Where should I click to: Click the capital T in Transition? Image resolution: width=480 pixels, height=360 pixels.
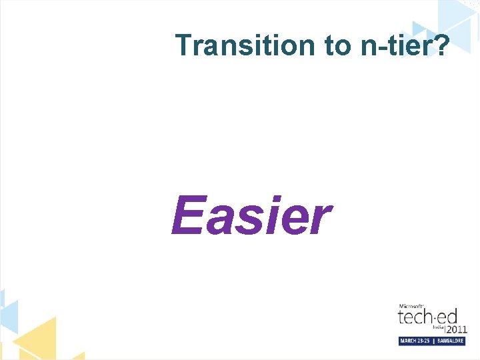click(x=184, y=45)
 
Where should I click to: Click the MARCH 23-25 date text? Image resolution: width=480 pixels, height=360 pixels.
click(x=415, y=341)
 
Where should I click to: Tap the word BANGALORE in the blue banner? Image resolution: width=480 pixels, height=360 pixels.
click(x=450, y=341)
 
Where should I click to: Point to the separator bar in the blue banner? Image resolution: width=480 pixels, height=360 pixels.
click(x=433, y=341)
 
